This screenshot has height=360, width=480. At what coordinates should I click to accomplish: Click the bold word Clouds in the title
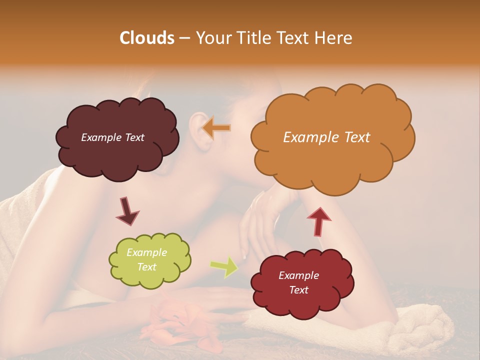(x=147, y=38)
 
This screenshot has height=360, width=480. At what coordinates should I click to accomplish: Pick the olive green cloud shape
(x=149, y=260)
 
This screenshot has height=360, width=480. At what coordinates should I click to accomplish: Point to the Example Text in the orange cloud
(x=326, y=137)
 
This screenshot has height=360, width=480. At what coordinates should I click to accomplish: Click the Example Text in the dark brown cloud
(x=112, y=137)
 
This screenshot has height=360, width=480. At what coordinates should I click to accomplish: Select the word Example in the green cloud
(x=146, y=252)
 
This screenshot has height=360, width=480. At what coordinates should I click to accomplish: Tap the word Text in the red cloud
(x=298, y=290)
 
